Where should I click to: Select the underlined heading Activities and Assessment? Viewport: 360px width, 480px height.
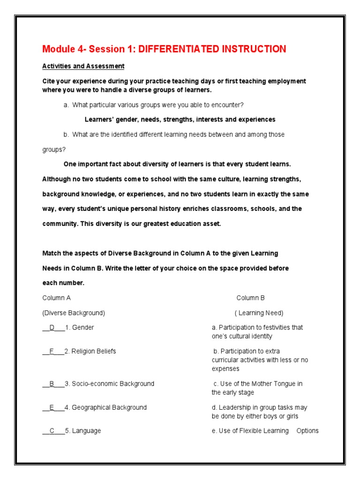pyautogui.click(x=83, y=66)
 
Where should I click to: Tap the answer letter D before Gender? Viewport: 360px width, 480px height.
pyautogui.click(x=52, y=328)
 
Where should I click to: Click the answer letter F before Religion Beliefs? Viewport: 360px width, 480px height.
pyautogui.click(x=52, y=351)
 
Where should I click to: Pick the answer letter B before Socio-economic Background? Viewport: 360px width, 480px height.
pyautogui.click(x=52, y=383)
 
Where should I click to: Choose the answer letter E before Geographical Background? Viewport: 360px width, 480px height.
pyautogui.click(x=52, y=407)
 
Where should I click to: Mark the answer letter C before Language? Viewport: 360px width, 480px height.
pyautogui.click(x=52, y=431)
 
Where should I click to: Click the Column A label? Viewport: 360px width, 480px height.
pyautogui.click(x=57, y=298)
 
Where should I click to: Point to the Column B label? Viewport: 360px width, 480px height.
pyautogui.click(x=250, y=298)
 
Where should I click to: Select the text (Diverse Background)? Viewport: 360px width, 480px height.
pyautogui.click(x=74, y=313)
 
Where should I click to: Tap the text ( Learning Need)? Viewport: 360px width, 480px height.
pyautogui.click(x=259, y=313)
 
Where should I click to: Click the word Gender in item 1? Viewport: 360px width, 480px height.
pyautogui.click(x=83, y=328)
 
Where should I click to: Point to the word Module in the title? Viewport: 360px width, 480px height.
pyautogui.click(x=55, y=49)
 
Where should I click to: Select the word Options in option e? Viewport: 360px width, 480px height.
pyautogui.click(x=307, y=431)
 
